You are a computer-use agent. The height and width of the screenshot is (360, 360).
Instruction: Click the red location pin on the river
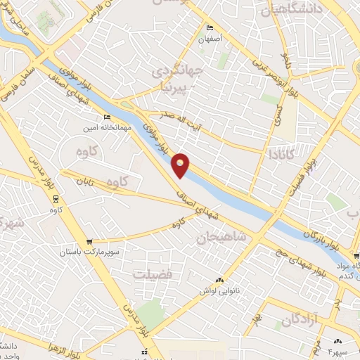pyautogui.click(x=181, y=165)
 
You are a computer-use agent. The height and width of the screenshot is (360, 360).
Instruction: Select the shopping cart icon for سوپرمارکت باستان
pyautogui.click(x=89, y=242)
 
